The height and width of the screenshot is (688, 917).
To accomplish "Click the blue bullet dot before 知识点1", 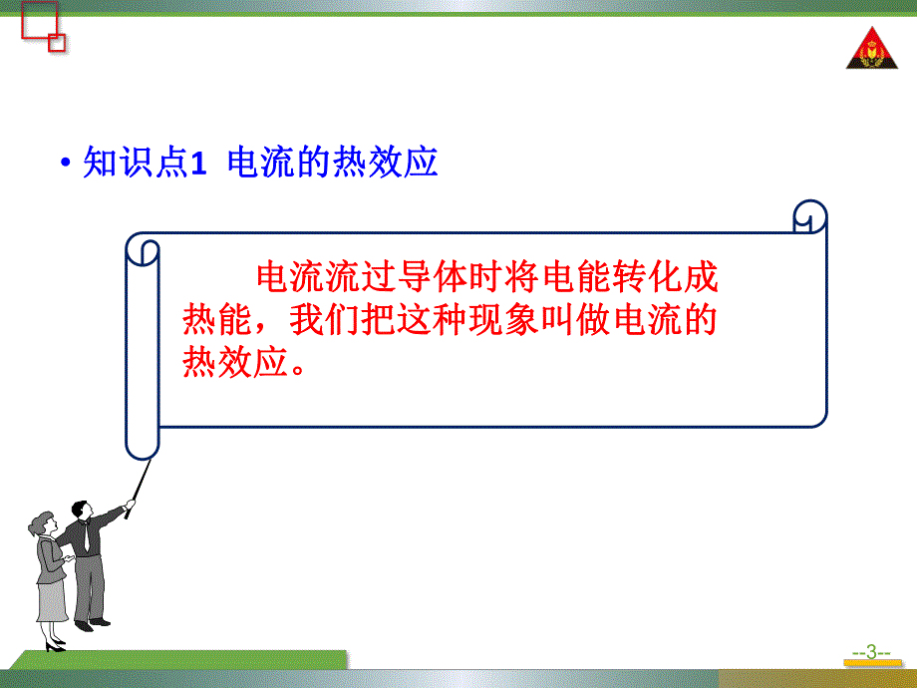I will [x=66, y=165].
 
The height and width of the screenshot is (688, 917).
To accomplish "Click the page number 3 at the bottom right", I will [x=871, y=654].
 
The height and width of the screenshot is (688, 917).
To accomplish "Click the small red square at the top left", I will [x=56, y=42].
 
